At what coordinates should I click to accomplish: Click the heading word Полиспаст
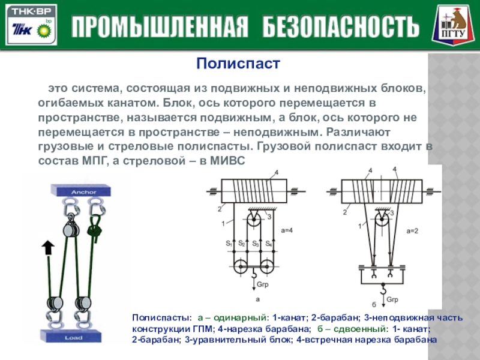point(240,63)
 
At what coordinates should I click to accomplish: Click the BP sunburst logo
point(44,28)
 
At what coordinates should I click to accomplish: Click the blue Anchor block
point(79,191)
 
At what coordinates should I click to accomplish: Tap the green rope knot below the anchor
point(93,227)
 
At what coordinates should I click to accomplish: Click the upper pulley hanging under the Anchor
point(69,229)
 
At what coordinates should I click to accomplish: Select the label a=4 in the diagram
point(288,229)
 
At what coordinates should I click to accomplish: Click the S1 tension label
point(229,244)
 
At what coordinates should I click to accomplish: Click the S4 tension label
point(269,244)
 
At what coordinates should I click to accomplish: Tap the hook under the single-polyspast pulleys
point(254,276)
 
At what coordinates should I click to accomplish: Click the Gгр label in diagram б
point(392,298)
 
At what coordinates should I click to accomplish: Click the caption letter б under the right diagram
point(374,304)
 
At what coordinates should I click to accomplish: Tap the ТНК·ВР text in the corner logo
point(30,11)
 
